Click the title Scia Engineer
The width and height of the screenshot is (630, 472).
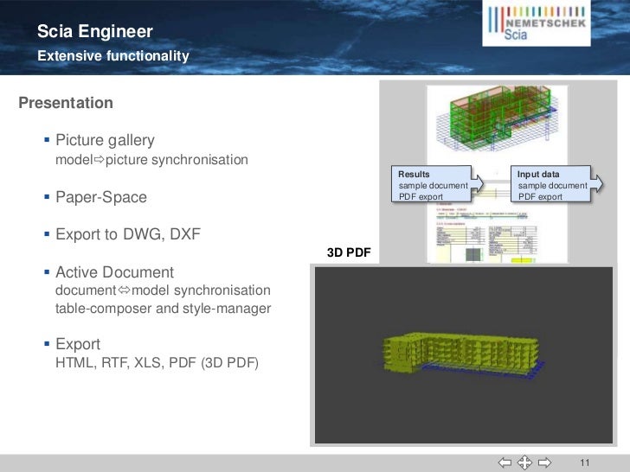(95, 33)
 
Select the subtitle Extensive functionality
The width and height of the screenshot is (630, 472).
(112, 56)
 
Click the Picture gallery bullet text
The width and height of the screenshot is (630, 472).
(105, 140)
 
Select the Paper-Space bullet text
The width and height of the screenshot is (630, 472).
(101, 198)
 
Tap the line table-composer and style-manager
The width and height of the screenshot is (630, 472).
(163, 309)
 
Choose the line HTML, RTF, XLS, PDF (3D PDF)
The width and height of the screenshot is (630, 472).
(157, 363)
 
